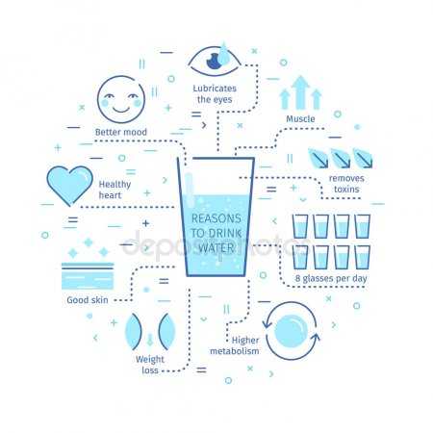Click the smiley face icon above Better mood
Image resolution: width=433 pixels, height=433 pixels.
coord(121,99)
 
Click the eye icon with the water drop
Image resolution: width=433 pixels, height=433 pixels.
coord(215,60)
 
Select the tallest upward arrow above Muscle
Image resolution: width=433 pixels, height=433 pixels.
coord(300,92)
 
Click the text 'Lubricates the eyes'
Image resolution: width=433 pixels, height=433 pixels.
coord(215,93)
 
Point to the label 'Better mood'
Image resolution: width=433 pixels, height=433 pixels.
coord(121,132)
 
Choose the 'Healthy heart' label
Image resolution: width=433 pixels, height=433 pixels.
coord(115,190)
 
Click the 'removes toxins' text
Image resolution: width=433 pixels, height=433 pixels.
coord(346,184)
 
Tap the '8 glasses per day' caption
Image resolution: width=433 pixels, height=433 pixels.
coord(331,278)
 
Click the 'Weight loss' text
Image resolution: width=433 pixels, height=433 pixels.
coord(150,365)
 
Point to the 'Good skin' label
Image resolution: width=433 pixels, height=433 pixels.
coord(88,300)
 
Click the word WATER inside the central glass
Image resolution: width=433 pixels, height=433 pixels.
coord(216,247)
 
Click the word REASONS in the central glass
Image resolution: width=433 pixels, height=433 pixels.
coord(216,218)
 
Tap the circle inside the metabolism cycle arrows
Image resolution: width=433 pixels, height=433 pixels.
coord(291,331)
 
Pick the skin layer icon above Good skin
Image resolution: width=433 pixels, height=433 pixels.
coord(88,276)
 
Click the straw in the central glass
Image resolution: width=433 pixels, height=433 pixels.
coord(190,191)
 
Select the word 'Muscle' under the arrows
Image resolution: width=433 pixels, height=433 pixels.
coord(300,118)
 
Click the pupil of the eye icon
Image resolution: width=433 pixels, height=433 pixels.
coord(214,62)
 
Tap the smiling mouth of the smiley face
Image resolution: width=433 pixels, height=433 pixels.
coord(121,110)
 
